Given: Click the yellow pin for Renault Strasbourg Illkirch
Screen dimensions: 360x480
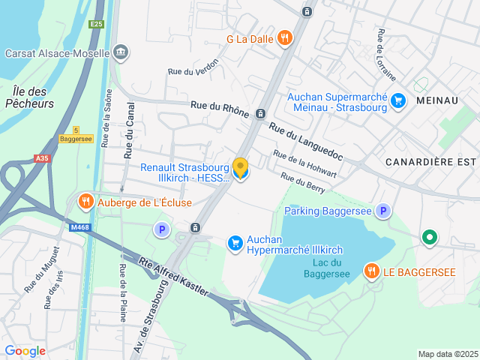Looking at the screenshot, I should (240, 168).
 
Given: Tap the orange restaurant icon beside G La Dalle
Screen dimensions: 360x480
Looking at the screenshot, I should (284, 38).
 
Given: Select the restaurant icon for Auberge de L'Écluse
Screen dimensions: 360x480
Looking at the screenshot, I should (86, 202).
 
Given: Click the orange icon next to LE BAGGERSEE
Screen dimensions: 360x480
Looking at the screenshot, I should (370, 271).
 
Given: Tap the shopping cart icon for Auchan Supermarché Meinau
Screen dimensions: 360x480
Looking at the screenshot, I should (397, 100).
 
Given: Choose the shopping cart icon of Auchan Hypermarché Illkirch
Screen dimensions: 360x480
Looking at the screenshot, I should (235, 241).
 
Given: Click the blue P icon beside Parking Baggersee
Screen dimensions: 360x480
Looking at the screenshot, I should (383, 211).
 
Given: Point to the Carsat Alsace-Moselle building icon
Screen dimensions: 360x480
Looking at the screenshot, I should (120, 52).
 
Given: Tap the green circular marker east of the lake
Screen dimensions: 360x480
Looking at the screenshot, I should (429, 238).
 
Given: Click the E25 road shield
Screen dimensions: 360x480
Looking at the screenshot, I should (96, 24).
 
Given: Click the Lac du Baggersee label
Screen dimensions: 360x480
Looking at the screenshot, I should (326, 268).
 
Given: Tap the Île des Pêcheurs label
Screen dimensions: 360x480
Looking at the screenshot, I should (30, 97).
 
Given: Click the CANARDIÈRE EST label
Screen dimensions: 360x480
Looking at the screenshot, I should (430, 162).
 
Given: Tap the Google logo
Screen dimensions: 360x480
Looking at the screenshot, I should (25, 350).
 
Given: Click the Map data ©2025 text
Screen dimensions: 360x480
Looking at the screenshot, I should (447, 354).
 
